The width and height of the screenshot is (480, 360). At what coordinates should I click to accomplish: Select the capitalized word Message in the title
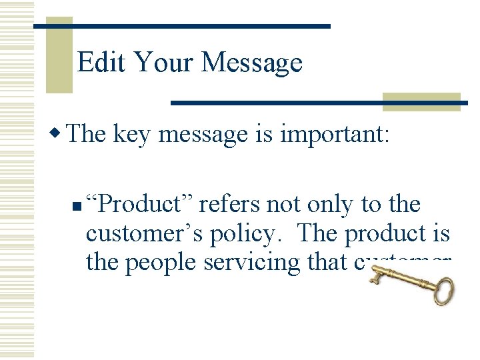(x=251, y=63)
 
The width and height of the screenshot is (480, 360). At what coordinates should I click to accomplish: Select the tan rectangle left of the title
(x=59, y=56)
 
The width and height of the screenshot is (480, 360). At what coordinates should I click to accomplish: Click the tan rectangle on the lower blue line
(x=421, y=101)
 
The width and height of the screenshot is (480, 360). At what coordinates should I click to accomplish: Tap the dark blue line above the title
(x=200, y=26)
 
